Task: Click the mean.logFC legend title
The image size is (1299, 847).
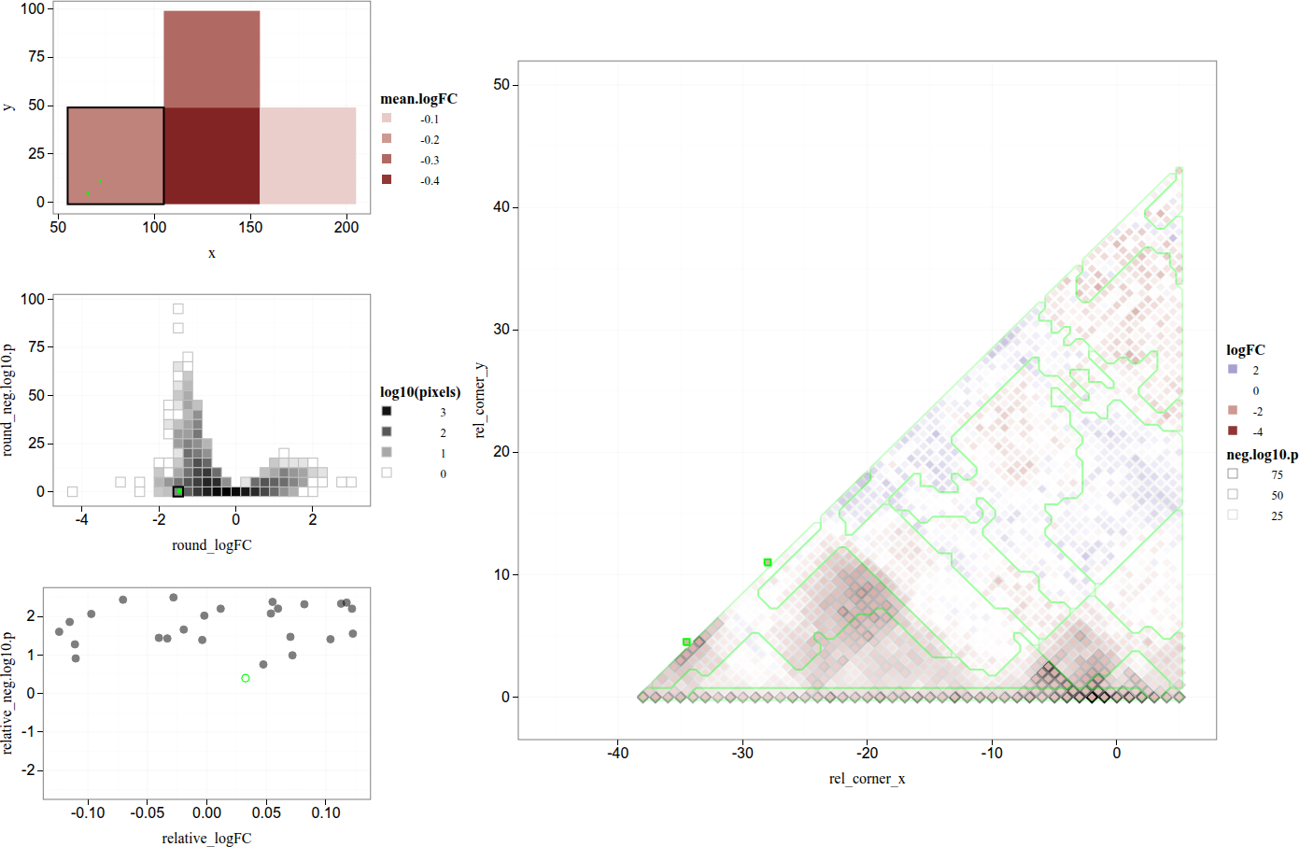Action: pyautogui.click(x=418, y=99)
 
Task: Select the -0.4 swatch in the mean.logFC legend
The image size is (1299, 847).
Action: pyautogui.click(x=387, y=179)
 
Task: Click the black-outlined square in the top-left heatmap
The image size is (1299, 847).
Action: pyautogui.click(x=116, y=155)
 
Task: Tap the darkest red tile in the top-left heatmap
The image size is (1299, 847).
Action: pyautogui.click(x=212, y=155)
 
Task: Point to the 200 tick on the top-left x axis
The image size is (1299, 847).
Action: pyautogui.click(x=346, y=227)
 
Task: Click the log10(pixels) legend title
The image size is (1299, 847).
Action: pyautogui.click(x=420, y=392)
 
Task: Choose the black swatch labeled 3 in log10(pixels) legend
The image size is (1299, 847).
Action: pyautogui.click(x=387, y=411)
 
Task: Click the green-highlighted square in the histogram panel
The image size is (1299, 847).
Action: pyautogui.click(x=178, y=491)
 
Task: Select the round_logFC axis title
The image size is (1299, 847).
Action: pyautogui.click(x=212, y=545)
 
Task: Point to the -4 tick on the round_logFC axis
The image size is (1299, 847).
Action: pyautogui.click(x=82, y=520)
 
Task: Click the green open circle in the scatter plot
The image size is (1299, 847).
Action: pyautogui.click(x=246, y=678)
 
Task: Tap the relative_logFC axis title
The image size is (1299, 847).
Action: pyautogui.click(x=206, y=839)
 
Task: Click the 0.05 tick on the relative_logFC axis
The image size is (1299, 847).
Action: pyautogui.click(x=266, y=813)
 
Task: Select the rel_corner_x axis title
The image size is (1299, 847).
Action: pyautogui.click(x=867, y=779)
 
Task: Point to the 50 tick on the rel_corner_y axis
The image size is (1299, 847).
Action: pyautogui.click(x=501, y=85)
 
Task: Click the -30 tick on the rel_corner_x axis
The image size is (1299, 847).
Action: pyautogui.click(x=742, y=754)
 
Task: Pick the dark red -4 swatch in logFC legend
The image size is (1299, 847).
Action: pyautogui.click(x=1233, y=431)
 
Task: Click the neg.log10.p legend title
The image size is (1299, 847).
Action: pyautogui.click(x=1262, y=455)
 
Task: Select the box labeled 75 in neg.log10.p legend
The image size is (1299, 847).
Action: pyautogui.click(x=1233, y=473)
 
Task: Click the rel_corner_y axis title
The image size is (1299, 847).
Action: pyautogui.click(x=480, y=400)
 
